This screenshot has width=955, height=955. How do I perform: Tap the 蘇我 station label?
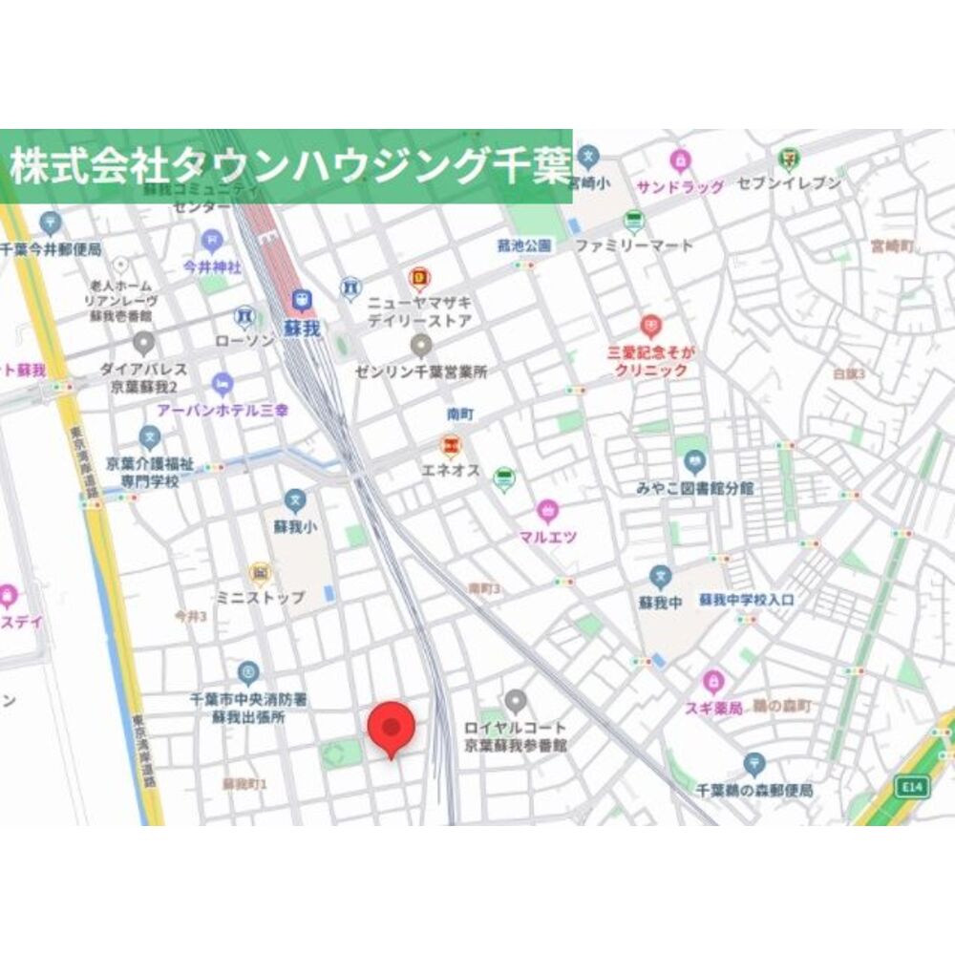pos(302,328)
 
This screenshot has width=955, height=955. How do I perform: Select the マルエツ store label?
pos(547,537)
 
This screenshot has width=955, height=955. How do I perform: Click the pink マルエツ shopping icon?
pos(547,510)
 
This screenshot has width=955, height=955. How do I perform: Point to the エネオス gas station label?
pos(451,470)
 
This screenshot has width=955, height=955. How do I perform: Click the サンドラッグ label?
pos(680,187)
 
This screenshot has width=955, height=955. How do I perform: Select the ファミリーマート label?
pos(633,245)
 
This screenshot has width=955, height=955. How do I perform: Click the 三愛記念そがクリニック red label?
pos(650,361)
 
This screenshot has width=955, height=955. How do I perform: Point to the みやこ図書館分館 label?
pos(695,488)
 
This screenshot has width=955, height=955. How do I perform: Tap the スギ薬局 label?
pos(711,708)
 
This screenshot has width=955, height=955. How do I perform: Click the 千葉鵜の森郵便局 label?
pos(754,791)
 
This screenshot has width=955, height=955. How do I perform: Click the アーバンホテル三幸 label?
pos(223,410)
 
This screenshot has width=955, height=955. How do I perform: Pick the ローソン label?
pos(244,339)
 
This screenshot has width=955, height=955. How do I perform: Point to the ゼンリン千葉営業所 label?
pos(420,370)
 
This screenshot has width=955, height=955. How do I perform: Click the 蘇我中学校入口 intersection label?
pos(746,600)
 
